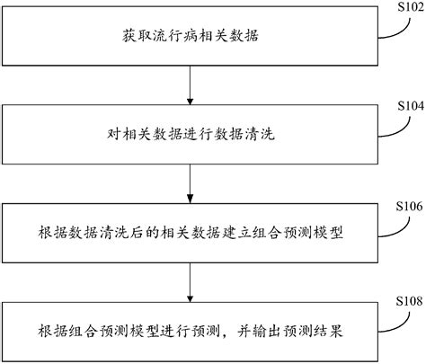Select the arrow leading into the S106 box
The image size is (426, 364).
coord(190,186)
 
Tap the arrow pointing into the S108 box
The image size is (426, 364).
coord(190,286)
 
